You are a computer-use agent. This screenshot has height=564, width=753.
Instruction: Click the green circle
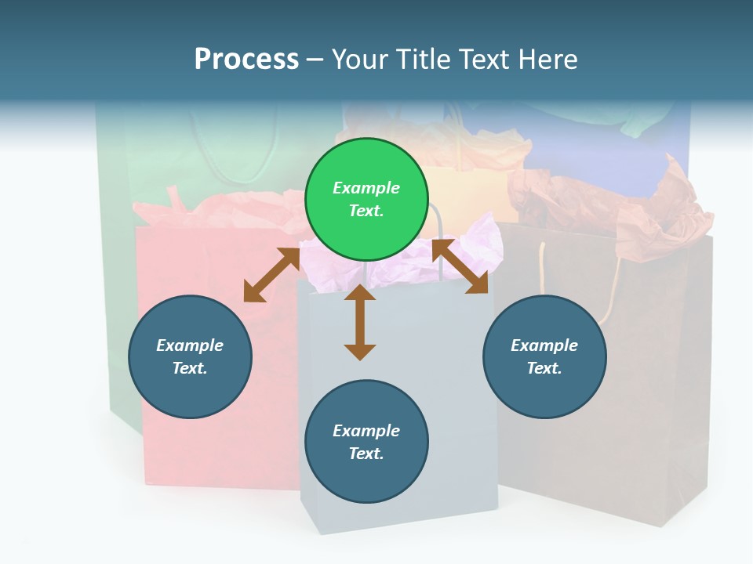coord(366,200)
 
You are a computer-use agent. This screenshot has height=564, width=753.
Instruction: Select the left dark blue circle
coord(190,357)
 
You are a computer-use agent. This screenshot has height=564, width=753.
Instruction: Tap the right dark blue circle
coord(544,357)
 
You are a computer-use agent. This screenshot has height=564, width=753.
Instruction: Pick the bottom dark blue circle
coord(366,442)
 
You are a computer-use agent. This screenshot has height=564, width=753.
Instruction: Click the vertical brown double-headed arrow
coord(360,322)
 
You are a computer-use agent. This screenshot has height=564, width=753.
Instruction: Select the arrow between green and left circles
coord(272,275)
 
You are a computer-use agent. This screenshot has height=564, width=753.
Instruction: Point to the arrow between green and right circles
coord(460,266)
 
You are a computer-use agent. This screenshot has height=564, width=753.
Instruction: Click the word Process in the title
coord(246,60)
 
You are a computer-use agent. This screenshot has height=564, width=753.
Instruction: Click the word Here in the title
coord(547,60)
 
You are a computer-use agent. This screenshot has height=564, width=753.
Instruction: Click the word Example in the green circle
coord(366,188)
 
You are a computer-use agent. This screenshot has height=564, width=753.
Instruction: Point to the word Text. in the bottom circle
coord(366,454)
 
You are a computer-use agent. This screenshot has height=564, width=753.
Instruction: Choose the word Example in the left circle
coord(190,345)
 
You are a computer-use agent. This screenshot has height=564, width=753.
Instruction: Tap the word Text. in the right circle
coord(544,368)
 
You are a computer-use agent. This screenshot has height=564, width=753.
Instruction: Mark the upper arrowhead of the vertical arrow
coord(360,292)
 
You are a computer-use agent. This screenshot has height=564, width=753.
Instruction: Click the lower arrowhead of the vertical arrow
coord(360,352)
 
